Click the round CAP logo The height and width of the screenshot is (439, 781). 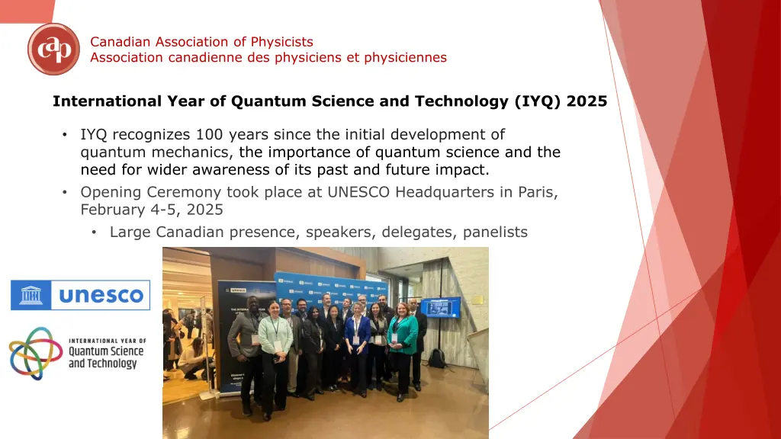coord(53,49)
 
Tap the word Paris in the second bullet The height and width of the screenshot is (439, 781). coord(538,192)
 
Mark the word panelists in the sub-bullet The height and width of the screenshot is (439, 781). coord(495,232)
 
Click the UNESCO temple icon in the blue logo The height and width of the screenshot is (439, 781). coord(31,295)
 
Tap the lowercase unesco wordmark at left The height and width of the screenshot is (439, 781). coord(101,295)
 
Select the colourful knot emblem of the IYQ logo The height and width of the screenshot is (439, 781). coord(30,354)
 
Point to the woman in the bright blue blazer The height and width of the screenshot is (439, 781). coord(357,348)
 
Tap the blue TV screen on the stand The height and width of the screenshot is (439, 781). coord(440,308)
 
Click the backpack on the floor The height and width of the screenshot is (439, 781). coord(437,358)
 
